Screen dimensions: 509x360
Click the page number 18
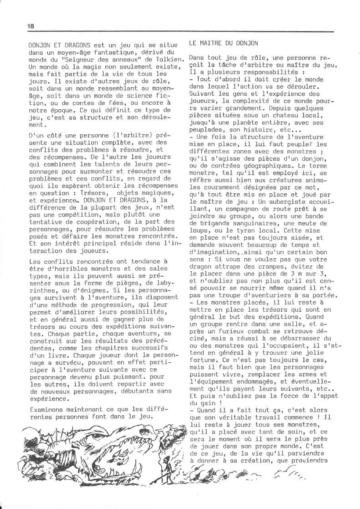[x=31, y=26]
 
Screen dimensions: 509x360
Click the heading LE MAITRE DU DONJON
[x=223, y=43]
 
